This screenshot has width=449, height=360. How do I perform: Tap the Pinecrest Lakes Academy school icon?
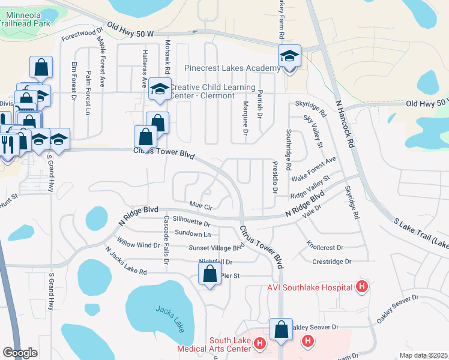click(289, 56)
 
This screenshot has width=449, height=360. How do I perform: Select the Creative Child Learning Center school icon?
click(159, 89)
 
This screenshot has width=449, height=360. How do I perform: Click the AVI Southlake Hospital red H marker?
click(361, 287)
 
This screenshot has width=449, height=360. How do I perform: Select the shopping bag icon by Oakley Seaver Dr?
click(281, 329)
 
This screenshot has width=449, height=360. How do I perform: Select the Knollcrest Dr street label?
click(324, 247)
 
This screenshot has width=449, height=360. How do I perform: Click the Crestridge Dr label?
click(331, 262)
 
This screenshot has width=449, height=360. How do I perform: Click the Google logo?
click(20, 353)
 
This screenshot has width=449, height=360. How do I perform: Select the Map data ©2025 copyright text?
click(423, 355)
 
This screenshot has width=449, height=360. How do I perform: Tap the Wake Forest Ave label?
click(313, 168)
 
